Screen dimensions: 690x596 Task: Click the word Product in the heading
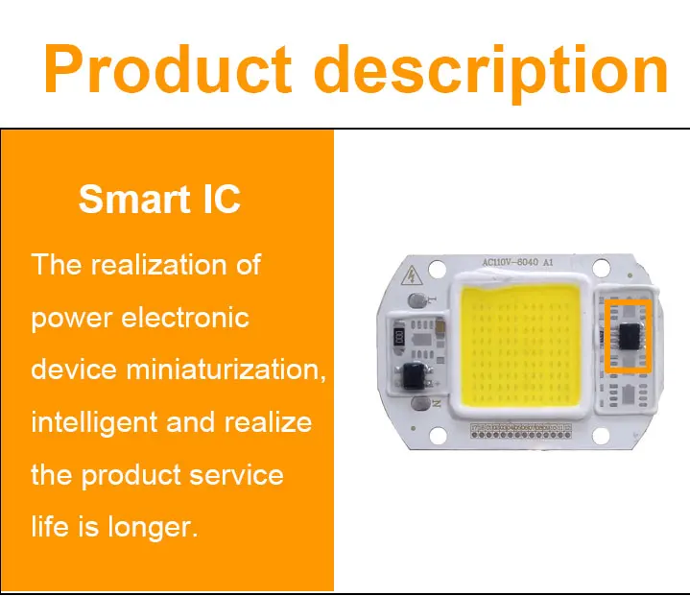[167, 69]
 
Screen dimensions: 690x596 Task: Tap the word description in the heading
[491, 73]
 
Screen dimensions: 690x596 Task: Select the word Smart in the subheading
[134, 199]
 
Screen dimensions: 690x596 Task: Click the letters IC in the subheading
[222, 199]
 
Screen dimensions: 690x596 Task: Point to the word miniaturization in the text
[226, 369]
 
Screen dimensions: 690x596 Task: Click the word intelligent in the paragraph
[94, 423]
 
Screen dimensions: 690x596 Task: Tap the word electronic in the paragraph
[185, 317]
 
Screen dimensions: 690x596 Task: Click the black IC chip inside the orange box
[629, 337]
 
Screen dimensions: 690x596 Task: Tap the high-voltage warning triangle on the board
[412, 276]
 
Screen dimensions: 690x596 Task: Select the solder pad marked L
[416, 300]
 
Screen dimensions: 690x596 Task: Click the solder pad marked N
[420, 403]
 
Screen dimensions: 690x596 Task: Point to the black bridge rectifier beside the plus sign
[414, 375]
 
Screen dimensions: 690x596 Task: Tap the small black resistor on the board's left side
[399, 338]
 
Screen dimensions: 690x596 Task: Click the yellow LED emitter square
[519, 346]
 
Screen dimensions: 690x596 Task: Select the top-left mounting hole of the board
[437, 269]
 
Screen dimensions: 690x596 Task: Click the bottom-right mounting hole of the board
[601, 436]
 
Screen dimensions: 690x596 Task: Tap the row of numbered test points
[521, 431]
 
